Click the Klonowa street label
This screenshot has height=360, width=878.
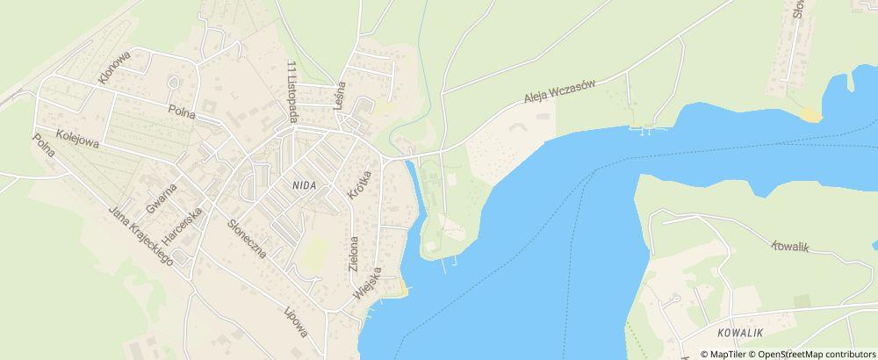[116, 67]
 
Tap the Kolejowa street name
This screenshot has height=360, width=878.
[77, 138]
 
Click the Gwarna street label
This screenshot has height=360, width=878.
[162, 198]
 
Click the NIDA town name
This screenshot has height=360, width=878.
[295, 185]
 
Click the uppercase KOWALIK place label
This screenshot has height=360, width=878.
[737, 334]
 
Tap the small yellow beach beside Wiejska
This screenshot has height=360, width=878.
[401, 287]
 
